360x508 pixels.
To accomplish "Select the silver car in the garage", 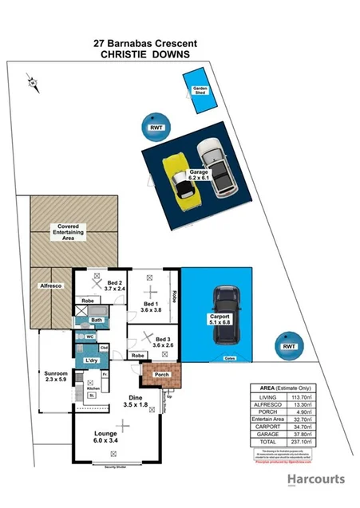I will click(216, 166).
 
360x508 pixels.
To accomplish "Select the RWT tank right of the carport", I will click(288, 346).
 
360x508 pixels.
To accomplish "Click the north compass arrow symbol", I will click(30, 81).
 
